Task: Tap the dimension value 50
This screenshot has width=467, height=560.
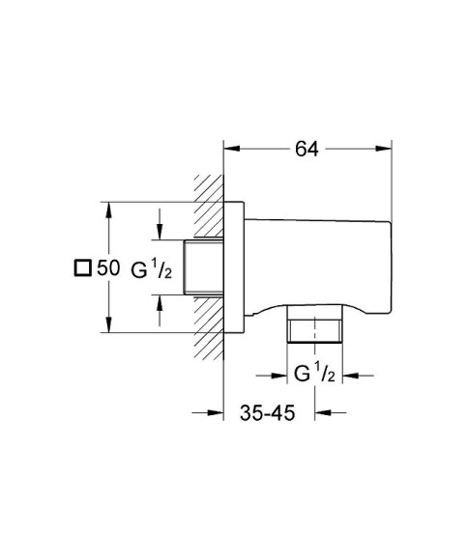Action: pyautogui.click(x=108, y=269)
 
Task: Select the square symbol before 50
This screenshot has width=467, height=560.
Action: pyautogui.click(x=83, y=269)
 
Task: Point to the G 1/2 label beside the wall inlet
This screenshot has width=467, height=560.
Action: pyautogui.click(x=152, y=269)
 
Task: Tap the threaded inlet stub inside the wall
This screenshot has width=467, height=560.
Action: pyautogui.click(x=207, y=267)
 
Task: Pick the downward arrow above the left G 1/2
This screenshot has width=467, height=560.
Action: pyautogui.click(x=161, y=232)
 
